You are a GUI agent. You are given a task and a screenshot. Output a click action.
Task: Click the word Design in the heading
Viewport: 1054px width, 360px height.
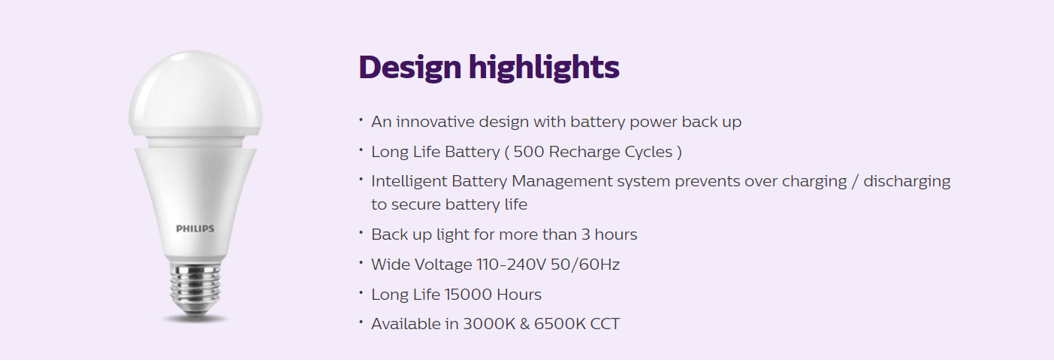410,68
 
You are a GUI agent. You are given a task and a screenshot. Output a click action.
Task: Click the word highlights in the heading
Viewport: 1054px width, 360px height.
544,68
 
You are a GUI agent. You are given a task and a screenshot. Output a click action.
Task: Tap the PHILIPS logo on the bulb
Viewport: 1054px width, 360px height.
195,228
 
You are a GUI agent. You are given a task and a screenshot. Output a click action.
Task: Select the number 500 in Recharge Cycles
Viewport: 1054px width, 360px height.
528,152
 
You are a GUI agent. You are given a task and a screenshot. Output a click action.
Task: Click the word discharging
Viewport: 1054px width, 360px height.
907,182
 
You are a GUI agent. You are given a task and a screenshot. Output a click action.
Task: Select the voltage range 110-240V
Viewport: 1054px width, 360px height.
511,265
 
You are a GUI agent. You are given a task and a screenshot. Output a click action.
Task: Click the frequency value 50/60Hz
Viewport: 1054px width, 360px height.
585,265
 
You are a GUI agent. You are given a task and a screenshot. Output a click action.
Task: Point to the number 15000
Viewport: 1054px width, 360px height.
468,295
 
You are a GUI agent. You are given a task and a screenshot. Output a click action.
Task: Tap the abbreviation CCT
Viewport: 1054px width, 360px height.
605,324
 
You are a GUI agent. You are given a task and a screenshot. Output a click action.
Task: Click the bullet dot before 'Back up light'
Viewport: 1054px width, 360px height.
361,232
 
